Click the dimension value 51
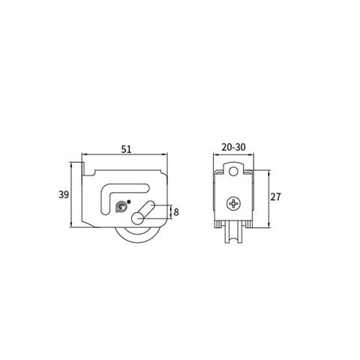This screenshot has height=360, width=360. coord(126,149)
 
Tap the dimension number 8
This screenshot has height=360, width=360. coord(176,212)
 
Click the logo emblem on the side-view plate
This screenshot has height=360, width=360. coord(121,206)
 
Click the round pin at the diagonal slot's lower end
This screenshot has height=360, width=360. coord(137,218)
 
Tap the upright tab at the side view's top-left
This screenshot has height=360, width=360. coord(85,166)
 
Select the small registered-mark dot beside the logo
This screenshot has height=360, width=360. coord(130,201)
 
